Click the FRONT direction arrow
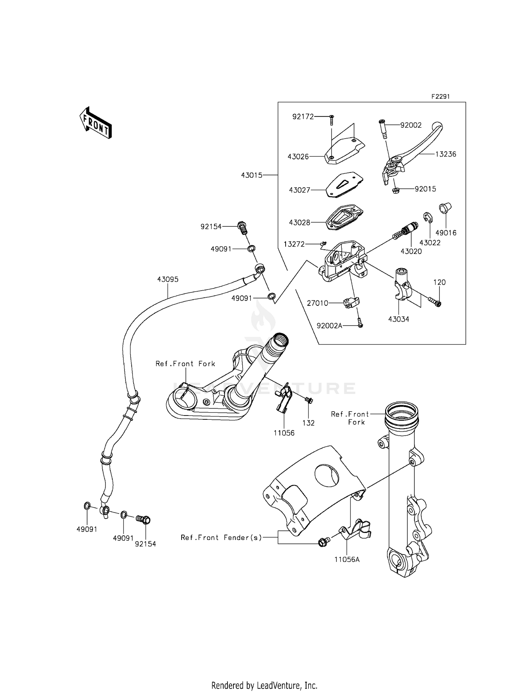[95, 122]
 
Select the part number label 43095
[168, 279]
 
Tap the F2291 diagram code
[440, 97]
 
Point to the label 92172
[303, 117]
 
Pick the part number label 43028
[299, 223]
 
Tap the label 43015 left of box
[252, 175]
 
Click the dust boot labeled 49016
[444, 208]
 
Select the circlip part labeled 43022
[427, 218]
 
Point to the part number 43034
[399, 319]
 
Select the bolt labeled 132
[309, 400]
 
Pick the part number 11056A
[347, 559]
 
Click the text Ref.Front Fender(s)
[221, 538]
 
